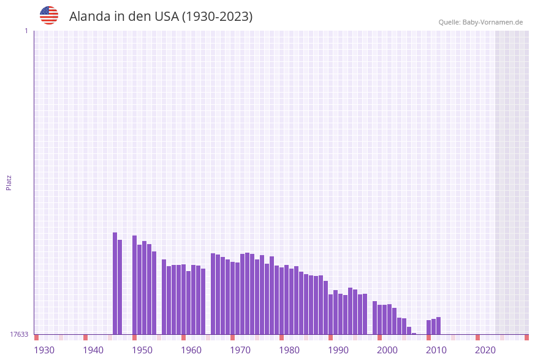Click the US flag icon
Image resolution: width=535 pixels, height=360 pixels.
(49, 15)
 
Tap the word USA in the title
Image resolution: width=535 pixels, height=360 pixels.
(166, 17)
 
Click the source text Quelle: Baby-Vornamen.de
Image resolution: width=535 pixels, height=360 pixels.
(480, 22)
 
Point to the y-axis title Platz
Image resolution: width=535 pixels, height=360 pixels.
(9, 182)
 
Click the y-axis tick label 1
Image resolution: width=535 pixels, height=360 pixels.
(26, 31)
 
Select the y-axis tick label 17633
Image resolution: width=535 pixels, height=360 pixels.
(19, 334)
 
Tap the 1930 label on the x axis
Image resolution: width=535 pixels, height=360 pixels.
(44, 350)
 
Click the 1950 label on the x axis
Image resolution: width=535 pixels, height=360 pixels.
(142, 350)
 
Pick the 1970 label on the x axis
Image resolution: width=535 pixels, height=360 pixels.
(240, 350)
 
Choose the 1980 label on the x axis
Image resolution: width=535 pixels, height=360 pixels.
(289, 350)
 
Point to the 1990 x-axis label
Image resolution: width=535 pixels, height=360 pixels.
(338, 350)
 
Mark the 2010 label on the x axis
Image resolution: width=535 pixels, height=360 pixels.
(436, 350)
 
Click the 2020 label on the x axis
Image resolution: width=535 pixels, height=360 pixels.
(485, 350)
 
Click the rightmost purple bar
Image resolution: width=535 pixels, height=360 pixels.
(438, 326)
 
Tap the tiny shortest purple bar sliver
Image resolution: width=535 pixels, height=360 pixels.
(414, 334)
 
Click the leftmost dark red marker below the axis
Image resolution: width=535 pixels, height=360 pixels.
(36, 337)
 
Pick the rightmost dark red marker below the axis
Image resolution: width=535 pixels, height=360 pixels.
(526, 337)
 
